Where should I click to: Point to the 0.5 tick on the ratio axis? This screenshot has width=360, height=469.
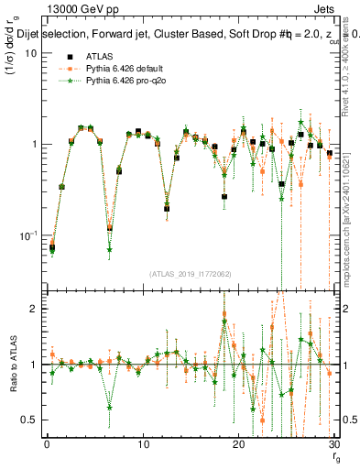[x=30, y=420]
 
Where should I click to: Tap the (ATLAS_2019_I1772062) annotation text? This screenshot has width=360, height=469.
[x=190, y=274]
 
